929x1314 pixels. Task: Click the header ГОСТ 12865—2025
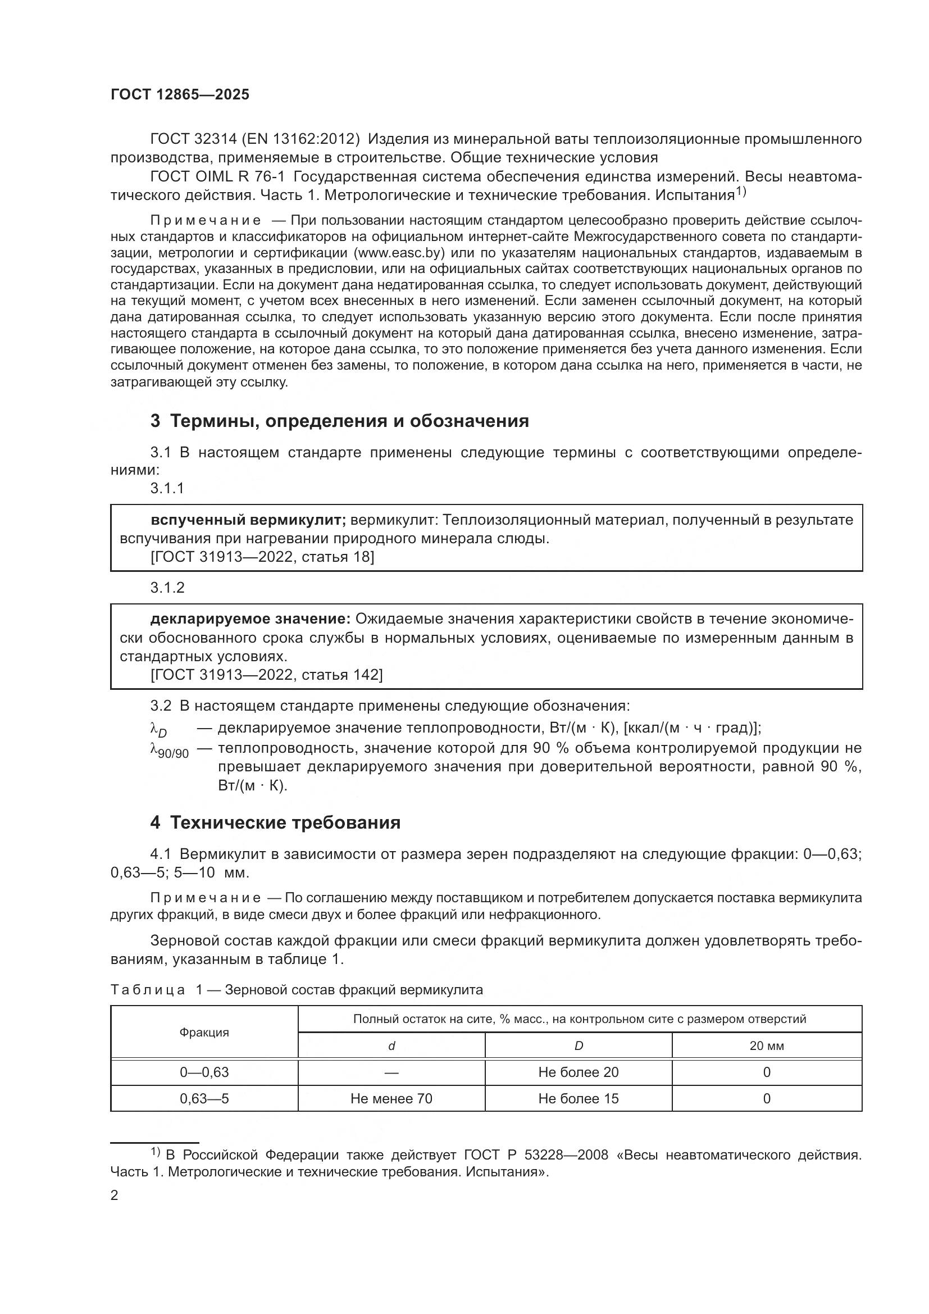(180, 95)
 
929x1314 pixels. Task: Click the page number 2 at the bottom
(115, 1195)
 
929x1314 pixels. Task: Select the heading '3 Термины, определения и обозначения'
(339, 421)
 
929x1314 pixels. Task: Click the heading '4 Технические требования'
(275, 823)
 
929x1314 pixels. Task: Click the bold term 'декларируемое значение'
(251, 619)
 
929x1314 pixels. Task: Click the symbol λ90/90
(169, 751)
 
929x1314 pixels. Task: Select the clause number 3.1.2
(167, 588)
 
